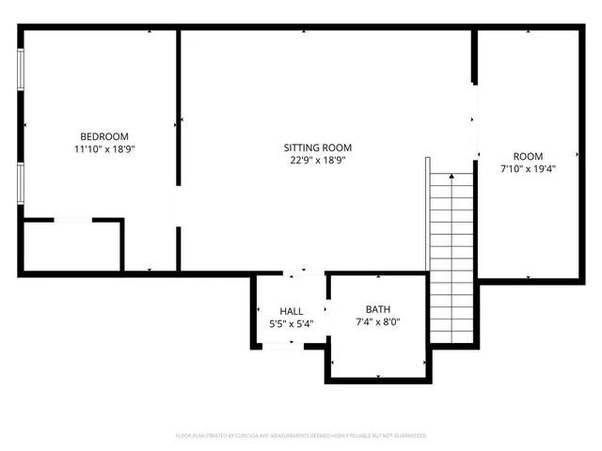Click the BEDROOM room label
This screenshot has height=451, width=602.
[x=104, y=136]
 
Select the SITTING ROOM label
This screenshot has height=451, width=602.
[x=318, y=148]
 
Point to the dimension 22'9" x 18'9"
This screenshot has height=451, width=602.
[x=318, y=160]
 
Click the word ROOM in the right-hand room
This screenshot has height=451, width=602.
[x=528, y=156]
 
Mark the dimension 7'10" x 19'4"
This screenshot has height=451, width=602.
[x=528, y=168]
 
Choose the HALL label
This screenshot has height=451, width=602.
[x=291, y=311]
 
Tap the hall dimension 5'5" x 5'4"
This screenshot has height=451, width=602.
[x=291, y=323]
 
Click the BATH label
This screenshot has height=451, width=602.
[x=378, y=309]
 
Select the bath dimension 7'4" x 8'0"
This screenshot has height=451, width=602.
[x=378, y=321]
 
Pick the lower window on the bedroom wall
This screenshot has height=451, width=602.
[x=20, y=181]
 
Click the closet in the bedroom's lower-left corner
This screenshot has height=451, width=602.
[x=71, y=246]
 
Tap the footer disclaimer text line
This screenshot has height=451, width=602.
[x=301, y=436]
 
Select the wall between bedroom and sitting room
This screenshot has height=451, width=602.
[x=179, y=103]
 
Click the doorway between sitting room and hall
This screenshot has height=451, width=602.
[x=291, y=274]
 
